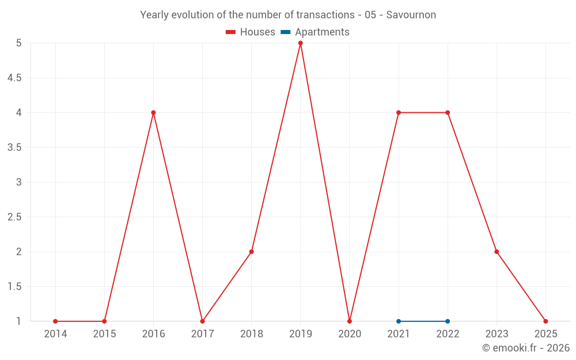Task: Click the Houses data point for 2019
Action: pos(300,43)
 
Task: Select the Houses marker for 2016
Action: pos(153,112)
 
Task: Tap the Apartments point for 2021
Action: pos(399,321)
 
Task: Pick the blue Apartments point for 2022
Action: pos(448,321)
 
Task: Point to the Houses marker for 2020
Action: pos(350,321)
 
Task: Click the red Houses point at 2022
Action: pos(448,112)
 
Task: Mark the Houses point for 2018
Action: pos(252,252)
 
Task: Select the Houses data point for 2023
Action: pos(497,252)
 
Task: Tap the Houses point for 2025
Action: pos(545,321)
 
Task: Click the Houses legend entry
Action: pos(251,32)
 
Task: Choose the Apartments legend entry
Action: pos(315,32)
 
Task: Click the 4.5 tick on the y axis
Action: pos(14,78)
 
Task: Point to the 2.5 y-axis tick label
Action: pos(14,217)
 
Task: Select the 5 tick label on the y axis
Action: pos(19,43)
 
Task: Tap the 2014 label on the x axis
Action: pos(55,334)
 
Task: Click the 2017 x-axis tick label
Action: pos(202,334)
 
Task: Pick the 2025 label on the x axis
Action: pos(545,334)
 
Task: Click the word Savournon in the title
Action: pos(411,15)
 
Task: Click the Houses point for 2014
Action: pos(55,321)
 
